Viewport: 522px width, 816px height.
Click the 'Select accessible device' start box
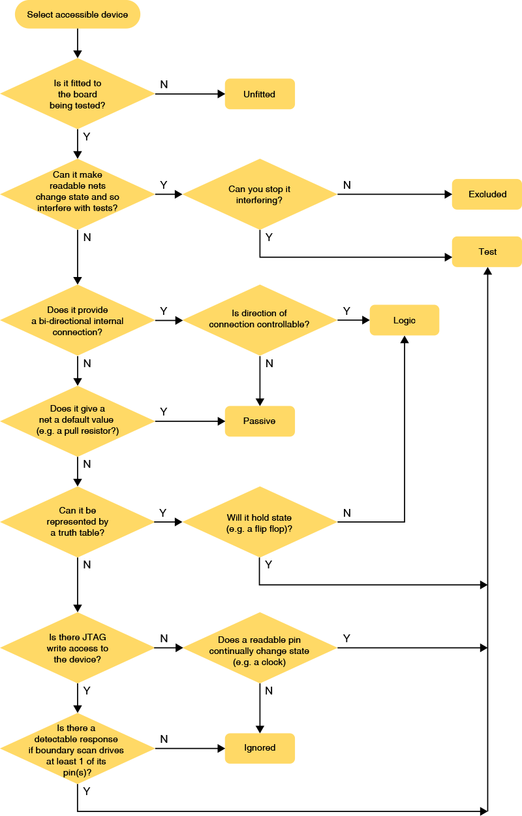(x=77, y=15)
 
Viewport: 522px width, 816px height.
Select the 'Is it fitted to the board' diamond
(x=77, y=94)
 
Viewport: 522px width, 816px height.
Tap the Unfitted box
(x=260, y=94)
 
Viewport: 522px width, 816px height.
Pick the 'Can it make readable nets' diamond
(x=77, y=194)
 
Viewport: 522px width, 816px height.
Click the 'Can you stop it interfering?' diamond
(x=259, y=194)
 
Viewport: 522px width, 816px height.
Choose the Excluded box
(x=487, y=194)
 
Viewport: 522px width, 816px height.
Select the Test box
(x=487, y=252)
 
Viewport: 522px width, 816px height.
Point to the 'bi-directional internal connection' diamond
(x=77, y=320)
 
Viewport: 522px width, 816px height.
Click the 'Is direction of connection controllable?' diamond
(x=259, y=320)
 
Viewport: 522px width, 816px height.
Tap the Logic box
(x=404, y=320)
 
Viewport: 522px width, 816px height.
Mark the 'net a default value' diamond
(x=77, y=421)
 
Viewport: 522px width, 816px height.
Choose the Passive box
(x=260, y=421)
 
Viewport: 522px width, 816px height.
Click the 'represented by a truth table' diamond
(x=77, y=521)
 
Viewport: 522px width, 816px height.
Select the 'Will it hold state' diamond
(x=259, y=521)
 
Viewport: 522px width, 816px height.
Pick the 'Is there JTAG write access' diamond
(x=77, y=648)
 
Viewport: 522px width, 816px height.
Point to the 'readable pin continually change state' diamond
(x=259, y=648)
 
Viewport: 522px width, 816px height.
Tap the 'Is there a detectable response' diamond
(x=77, y=748)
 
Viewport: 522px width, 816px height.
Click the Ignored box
(x=260, y=748)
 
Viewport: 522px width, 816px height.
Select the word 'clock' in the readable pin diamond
(x=272, y=662)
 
